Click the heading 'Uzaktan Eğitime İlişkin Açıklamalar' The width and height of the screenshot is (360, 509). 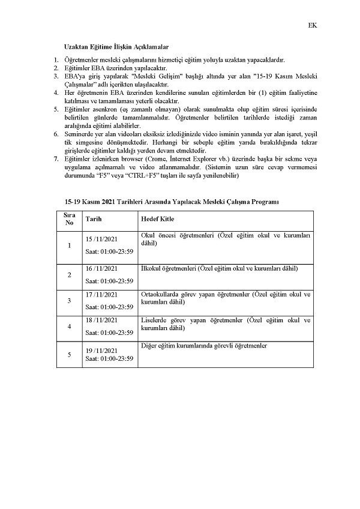(x=116, y=47)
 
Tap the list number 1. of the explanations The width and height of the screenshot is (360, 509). (x=56, y=60)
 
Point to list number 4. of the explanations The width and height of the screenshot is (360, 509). (x=56, y=94)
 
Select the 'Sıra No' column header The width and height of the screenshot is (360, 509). (x=69, y=218)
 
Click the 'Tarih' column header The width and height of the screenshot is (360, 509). (x=94, y=219)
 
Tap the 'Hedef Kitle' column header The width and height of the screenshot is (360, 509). (x=157, y=219)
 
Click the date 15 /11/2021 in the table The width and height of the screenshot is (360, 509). (x=101, y=239)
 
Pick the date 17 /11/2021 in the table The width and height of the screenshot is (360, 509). (x=101, y=295)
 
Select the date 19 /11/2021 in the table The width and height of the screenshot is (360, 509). (x=101, y=350)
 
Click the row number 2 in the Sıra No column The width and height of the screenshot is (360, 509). (x=69, y=274)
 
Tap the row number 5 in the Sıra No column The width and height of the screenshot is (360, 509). (x=69, y=354)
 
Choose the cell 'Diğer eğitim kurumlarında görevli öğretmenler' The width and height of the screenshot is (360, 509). (x=204, y=346)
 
